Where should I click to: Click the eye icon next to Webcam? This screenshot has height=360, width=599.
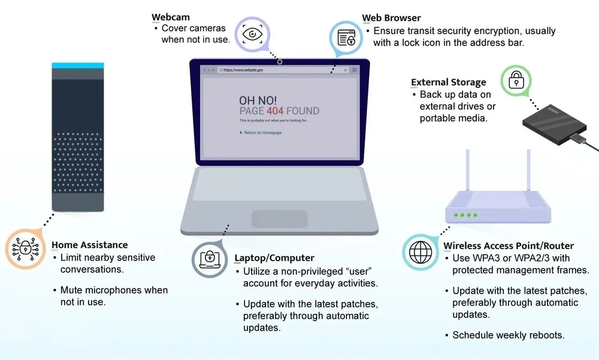[x=252, y=34]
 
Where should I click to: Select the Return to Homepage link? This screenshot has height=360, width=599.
[x=262, y=132]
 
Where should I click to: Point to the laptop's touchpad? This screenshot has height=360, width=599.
[x=279, y=219]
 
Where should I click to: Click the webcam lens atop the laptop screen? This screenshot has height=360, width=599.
[x=280, y=61]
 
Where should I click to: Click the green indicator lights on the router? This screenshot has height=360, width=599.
[x=465, y=214]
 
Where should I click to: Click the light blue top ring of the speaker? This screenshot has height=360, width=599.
[x=78, y=65]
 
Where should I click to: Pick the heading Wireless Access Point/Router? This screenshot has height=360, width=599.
[x=509, y=246]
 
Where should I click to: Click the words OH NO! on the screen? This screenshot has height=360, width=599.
[x=258, y=100]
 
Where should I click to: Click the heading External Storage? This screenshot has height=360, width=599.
[x=448, y=83]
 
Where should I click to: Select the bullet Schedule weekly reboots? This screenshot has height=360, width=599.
[x=509, y=335]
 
